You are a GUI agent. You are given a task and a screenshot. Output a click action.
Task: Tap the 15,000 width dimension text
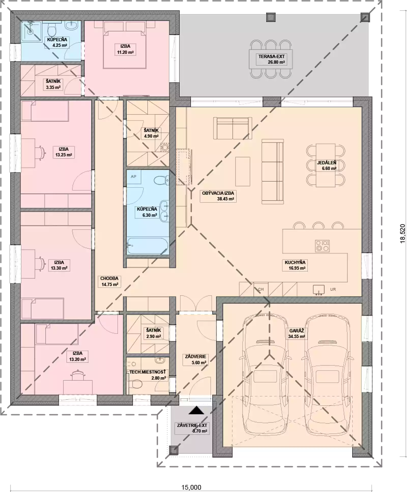coord(191,487)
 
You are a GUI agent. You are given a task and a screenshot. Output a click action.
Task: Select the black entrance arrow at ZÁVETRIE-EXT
coord(196,410)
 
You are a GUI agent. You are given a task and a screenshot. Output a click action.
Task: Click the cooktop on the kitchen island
coord(322,246)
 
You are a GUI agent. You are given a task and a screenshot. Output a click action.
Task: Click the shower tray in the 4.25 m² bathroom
coord(31,31)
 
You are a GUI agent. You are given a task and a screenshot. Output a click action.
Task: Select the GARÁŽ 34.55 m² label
coord(297,333)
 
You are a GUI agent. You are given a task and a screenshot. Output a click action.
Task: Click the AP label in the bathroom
coord(133,176)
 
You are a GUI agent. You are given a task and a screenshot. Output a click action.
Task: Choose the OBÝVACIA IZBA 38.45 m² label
coord(218,196)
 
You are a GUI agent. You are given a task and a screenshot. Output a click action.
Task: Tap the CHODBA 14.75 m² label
coord(109,281)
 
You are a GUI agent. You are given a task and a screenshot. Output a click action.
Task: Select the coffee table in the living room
coord(243,172)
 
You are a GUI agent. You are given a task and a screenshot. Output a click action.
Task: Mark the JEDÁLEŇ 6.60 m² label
coord(327,165)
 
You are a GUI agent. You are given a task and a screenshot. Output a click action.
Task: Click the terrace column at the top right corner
coord(365,17)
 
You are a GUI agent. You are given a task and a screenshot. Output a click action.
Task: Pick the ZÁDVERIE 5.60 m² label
coord(195,359)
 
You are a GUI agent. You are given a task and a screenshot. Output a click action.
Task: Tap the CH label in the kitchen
coord(261,289)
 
